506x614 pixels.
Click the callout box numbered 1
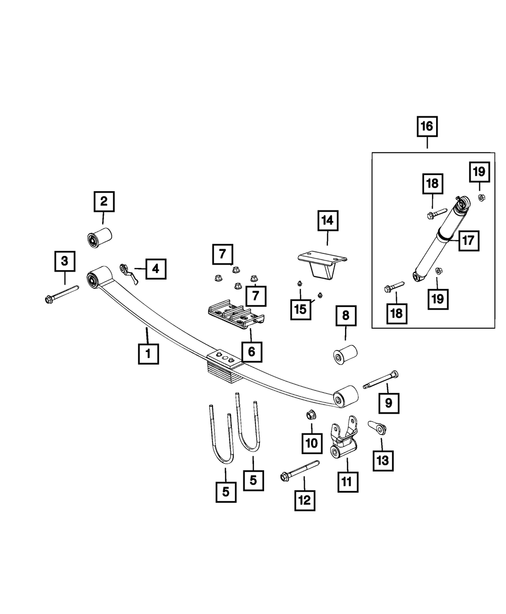coord(148,354)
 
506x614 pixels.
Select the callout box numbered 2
coord(103,201)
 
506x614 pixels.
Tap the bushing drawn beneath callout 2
coord(99,238)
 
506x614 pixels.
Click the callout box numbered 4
coord(156,269)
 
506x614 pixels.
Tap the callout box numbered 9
coord(389,403)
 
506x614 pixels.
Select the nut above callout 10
coord(310,416)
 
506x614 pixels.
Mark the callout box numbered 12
coord(305,500)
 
